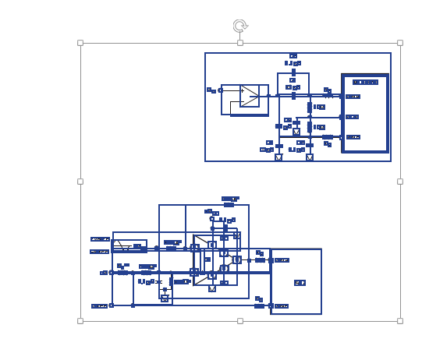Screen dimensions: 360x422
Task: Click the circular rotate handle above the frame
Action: click(x=240, y=26)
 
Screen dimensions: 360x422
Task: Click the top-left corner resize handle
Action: click(x=80, y=43)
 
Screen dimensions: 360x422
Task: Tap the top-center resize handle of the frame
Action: click(x=240, y=43)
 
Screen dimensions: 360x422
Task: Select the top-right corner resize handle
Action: click(x=400, y=43)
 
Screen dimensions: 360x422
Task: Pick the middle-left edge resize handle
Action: click(x=80, y=182)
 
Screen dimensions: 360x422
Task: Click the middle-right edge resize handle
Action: click(x=400, y=182)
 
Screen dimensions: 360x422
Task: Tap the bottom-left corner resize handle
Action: click(x=80, y=320)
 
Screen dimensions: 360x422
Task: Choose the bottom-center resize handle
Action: click(x=240, y=320)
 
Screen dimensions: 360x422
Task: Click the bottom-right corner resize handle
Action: click(x=400, y=320)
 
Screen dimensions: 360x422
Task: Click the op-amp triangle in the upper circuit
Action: click(x=250, y=96)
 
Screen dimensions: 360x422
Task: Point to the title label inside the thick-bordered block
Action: click(x=365, y=82)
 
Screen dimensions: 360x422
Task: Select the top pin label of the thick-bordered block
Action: click(x=353, y=97)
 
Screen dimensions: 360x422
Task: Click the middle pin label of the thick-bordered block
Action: click(x=353, y=117)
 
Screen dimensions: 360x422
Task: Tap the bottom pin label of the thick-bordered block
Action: click(x=353, y=137)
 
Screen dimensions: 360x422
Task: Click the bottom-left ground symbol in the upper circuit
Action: click(x=278, y=157)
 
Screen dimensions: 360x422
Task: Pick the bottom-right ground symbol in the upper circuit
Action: click(x=310, y=157)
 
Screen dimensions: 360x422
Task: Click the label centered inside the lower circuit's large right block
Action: click(x=300, y=283)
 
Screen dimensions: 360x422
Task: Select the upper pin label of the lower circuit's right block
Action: click(x=282, y=260)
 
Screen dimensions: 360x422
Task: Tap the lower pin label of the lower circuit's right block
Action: click(x=282, y=306)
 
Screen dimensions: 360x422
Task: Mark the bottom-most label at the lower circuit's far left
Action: click(x=100, y=306)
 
